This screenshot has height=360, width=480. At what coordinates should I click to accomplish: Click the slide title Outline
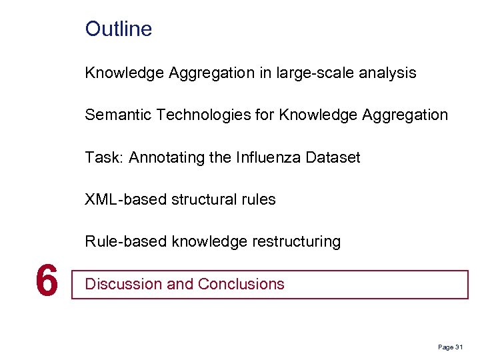click(119, 29)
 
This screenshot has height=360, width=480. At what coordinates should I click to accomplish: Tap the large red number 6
click(46, 281)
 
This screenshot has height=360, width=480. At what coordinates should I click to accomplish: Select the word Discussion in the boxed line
click(123, 284)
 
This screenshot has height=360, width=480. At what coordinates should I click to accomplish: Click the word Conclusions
click(241, 284)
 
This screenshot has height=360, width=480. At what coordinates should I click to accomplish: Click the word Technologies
click(203, 115)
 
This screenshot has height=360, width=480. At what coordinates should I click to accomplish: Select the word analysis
click(387, 73)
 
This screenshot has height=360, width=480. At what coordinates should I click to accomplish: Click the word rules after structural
click(259, 199)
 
